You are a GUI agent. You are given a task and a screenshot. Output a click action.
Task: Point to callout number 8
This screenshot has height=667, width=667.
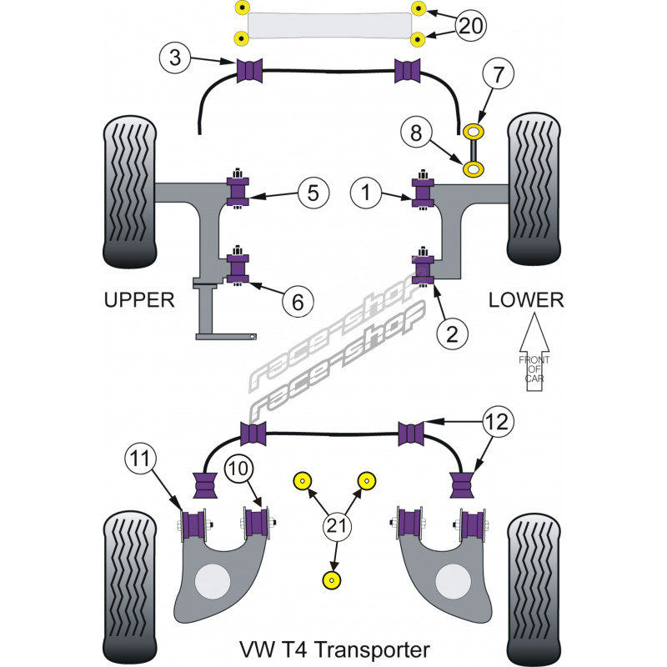point(418,133)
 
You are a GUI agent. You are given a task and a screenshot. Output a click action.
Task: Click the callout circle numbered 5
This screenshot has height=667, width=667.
point(313,193)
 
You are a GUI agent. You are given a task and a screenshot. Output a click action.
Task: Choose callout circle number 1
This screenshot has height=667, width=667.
point(365,193)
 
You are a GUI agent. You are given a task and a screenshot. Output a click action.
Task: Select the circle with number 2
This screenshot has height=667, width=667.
point(452,334)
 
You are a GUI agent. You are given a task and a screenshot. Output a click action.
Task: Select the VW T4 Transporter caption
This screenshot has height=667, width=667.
point(333,649)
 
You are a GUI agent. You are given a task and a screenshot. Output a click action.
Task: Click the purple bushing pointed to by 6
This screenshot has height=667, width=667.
point(239,268)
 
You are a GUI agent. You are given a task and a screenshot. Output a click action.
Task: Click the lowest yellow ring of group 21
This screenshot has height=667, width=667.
point(334,580)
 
